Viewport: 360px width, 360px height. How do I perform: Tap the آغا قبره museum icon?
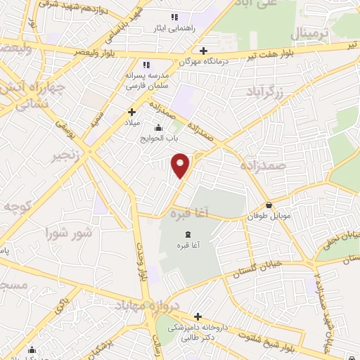[187, 235]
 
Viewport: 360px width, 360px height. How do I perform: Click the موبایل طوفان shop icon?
[269, 205]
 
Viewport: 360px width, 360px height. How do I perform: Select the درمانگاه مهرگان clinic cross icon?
[203, 51]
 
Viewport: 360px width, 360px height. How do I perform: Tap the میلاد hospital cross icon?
[131, 111]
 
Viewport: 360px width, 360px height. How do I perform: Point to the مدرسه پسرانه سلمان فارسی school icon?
[146, 63]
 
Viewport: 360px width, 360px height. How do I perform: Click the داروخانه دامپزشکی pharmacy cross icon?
[198, 317]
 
